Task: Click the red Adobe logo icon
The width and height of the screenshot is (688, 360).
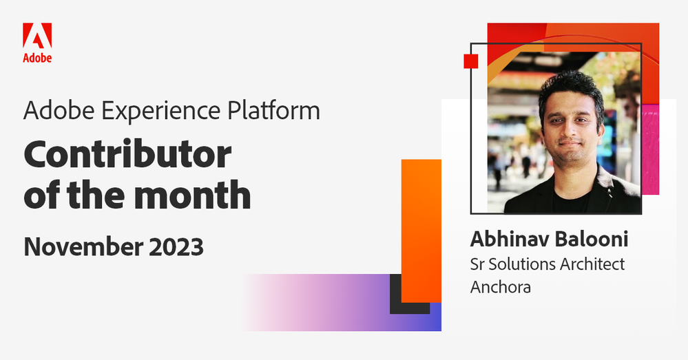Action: tap(37, 36)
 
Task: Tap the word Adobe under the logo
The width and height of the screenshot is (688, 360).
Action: tap(37, 58)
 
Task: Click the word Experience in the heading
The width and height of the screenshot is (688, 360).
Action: tap(160, 112)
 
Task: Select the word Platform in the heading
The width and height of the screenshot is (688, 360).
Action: tap(273, 110)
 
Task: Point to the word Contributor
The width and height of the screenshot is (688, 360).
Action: tap(127, 154)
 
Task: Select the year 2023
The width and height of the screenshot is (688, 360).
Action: tap(176, 246)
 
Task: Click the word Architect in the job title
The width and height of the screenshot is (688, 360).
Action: tap(592, 264)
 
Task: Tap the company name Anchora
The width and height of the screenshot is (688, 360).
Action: tap(501, 287)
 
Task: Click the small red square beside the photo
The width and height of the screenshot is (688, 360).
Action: tap(471, 61)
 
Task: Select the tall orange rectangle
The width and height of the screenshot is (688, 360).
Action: tap(421, 231)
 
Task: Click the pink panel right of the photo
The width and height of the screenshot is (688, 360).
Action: tap(650, 149)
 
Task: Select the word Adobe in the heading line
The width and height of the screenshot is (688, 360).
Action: tap(59, 110)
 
